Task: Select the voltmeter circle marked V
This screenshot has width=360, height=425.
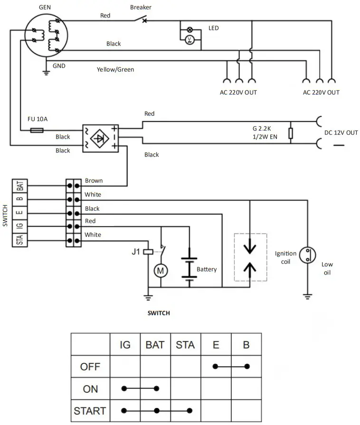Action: tap(190, 40)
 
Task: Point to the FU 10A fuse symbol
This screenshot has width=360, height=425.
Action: tap(37, 130)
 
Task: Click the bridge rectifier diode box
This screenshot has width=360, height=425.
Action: tap(100, 138)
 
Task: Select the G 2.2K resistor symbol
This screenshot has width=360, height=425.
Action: tap(290, 132)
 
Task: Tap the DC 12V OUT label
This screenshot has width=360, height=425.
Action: tap(341, 132)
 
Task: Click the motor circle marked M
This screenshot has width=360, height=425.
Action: tap(160, 271)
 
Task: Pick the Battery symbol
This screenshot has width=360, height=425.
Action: tap(189, 268)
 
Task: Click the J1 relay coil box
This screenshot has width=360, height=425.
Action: tap(148, 252)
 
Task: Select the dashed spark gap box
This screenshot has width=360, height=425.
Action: tap(250, 256)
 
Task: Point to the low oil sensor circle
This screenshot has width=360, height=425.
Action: tap(308, 255)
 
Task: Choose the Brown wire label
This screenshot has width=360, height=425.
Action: tap(94, 181)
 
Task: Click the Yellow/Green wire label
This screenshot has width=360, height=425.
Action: tap(115, 69)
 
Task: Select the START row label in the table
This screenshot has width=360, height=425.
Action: tap(90, 410)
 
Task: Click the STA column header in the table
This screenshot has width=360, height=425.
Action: tap(185, 345)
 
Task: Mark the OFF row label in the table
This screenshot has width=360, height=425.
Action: tap(90, 367)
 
